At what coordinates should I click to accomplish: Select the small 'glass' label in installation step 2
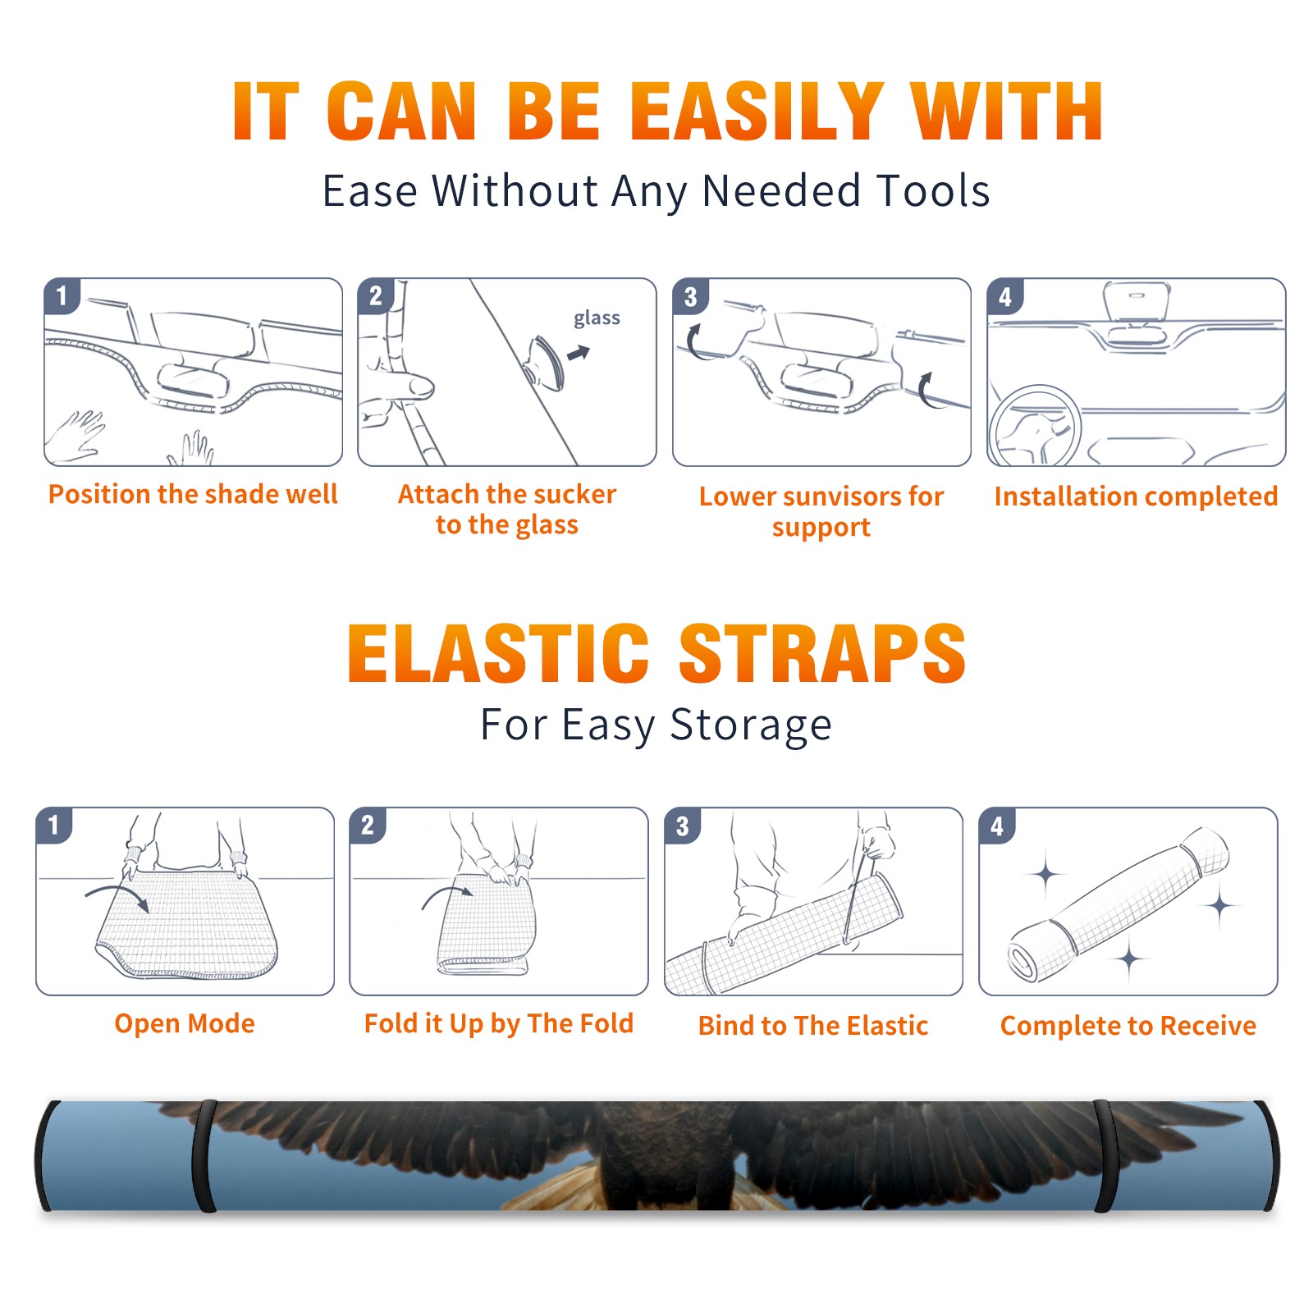coord(597,318)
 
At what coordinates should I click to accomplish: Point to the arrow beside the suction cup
coord(579,353)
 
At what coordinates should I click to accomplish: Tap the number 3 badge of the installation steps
coord(690,297)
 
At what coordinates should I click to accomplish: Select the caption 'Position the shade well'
coord(193,494)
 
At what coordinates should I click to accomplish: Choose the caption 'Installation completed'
coord(1136,496)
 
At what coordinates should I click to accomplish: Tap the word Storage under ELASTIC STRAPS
coord(751,725)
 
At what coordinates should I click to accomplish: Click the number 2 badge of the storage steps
coord(367,826)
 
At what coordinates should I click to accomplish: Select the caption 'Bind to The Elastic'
coord(813,1026)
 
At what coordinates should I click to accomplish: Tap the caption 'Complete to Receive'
coord(1128,1026)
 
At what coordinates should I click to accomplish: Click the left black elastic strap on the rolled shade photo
coord(204,1155)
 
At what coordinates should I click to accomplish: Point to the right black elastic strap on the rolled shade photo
coord(1105,1155)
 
